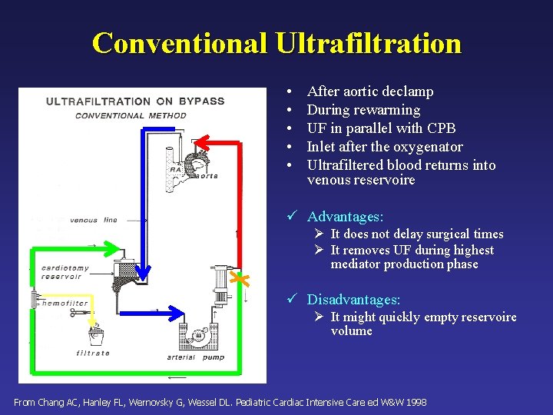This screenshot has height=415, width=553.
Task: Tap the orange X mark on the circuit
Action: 241,281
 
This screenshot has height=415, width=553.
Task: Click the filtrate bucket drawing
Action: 96,337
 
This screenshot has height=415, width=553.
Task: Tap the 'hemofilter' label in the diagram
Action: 65,304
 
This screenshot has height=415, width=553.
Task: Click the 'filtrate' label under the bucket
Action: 93,354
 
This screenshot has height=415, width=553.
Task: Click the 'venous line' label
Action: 94,221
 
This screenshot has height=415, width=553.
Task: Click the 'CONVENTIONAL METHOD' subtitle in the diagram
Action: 131,116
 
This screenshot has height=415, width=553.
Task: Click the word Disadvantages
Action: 353,300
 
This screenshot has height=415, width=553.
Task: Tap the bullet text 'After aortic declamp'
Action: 370,91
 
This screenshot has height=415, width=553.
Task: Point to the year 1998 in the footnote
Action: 415,403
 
